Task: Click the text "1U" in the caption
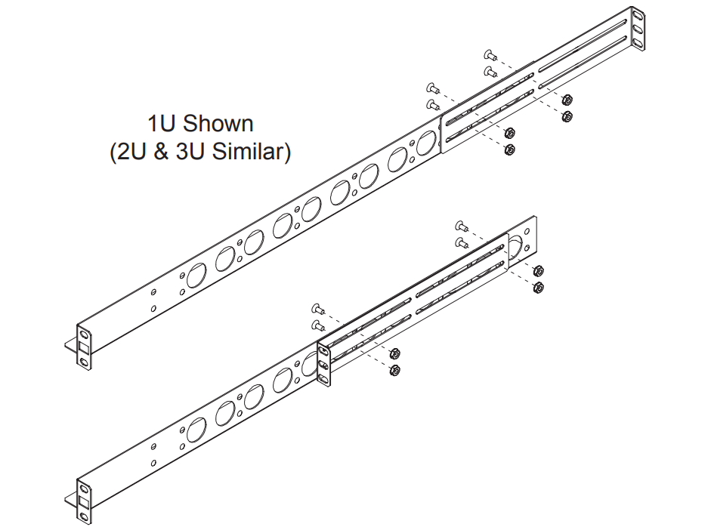click(162, 122)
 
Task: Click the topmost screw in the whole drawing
click(488, 55)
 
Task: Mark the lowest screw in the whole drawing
click(317, 325)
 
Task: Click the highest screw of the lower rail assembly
click(460, 225)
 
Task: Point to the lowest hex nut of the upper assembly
click(509, 149)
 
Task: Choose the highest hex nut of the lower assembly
click(538, 270)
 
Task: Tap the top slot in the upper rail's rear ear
click(637, 16)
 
